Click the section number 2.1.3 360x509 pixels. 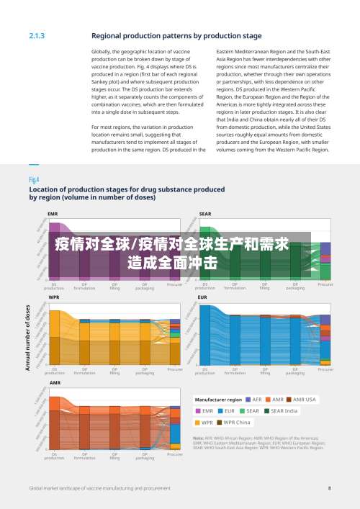[x=37, y=35]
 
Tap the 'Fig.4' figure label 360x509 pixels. [x=34, y=179]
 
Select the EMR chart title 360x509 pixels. [x=53, y=214]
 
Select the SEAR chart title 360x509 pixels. [x=205, y=214]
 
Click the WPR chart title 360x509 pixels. [x=53, y=297]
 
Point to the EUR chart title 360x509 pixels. [x=202, y=297]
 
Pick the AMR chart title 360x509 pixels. [x=55, y=382]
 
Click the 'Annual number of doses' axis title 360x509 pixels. [x=28, y=338]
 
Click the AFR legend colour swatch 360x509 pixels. [x=248, y=399]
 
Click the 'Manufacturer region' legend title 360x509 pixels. [x=219, y=399]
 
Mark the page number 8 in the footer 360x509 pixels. [x=329, y=488]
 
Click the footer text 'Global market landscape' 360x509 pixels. [x=58, y=488]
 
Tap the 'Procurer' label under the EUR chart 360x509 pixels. [x=325, y=369]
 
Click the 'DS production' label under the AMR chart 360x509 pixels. [x=54, y=456]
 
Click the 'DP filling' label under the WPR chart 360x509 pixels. [x=114, y=371]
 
